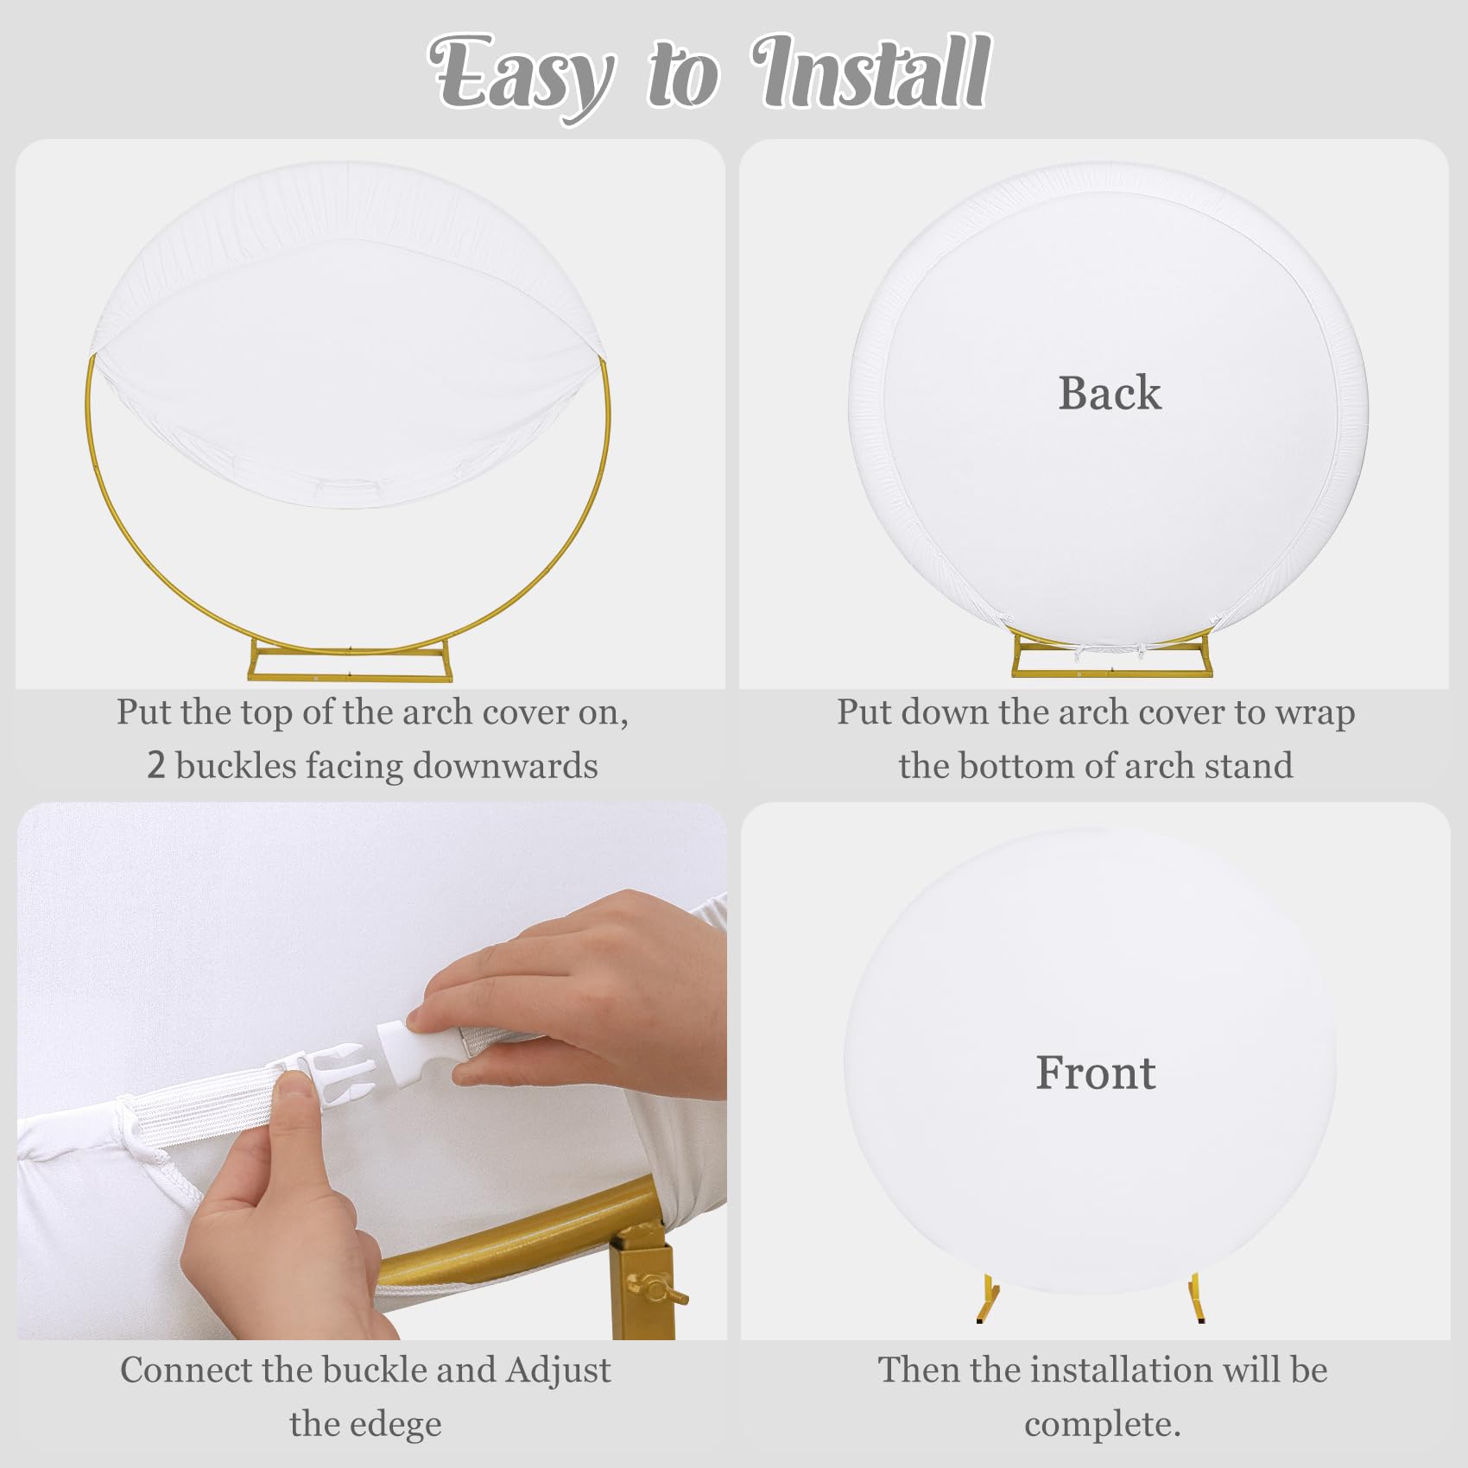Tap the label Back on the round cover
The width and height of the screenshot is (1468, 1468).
pos(1110,393)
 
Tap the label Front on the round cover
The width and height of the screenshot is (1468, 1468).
pos(1095,1073)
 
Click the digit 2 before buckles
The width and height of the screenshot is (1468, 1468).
pos(155,766)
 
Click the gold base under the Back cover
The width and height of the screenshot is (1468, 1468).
pos(1111,661)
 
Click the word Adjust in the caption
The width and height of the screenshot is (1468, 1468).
pos(559,1370)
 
